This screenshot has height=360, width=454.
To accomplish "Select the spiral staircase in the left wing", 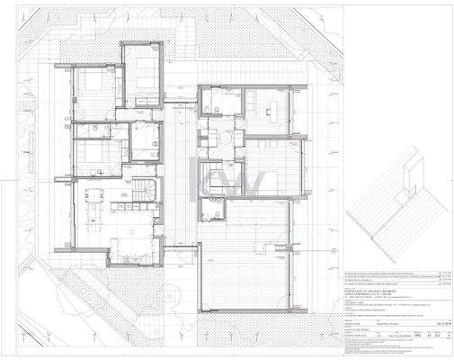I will click(x=146, y=191).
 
